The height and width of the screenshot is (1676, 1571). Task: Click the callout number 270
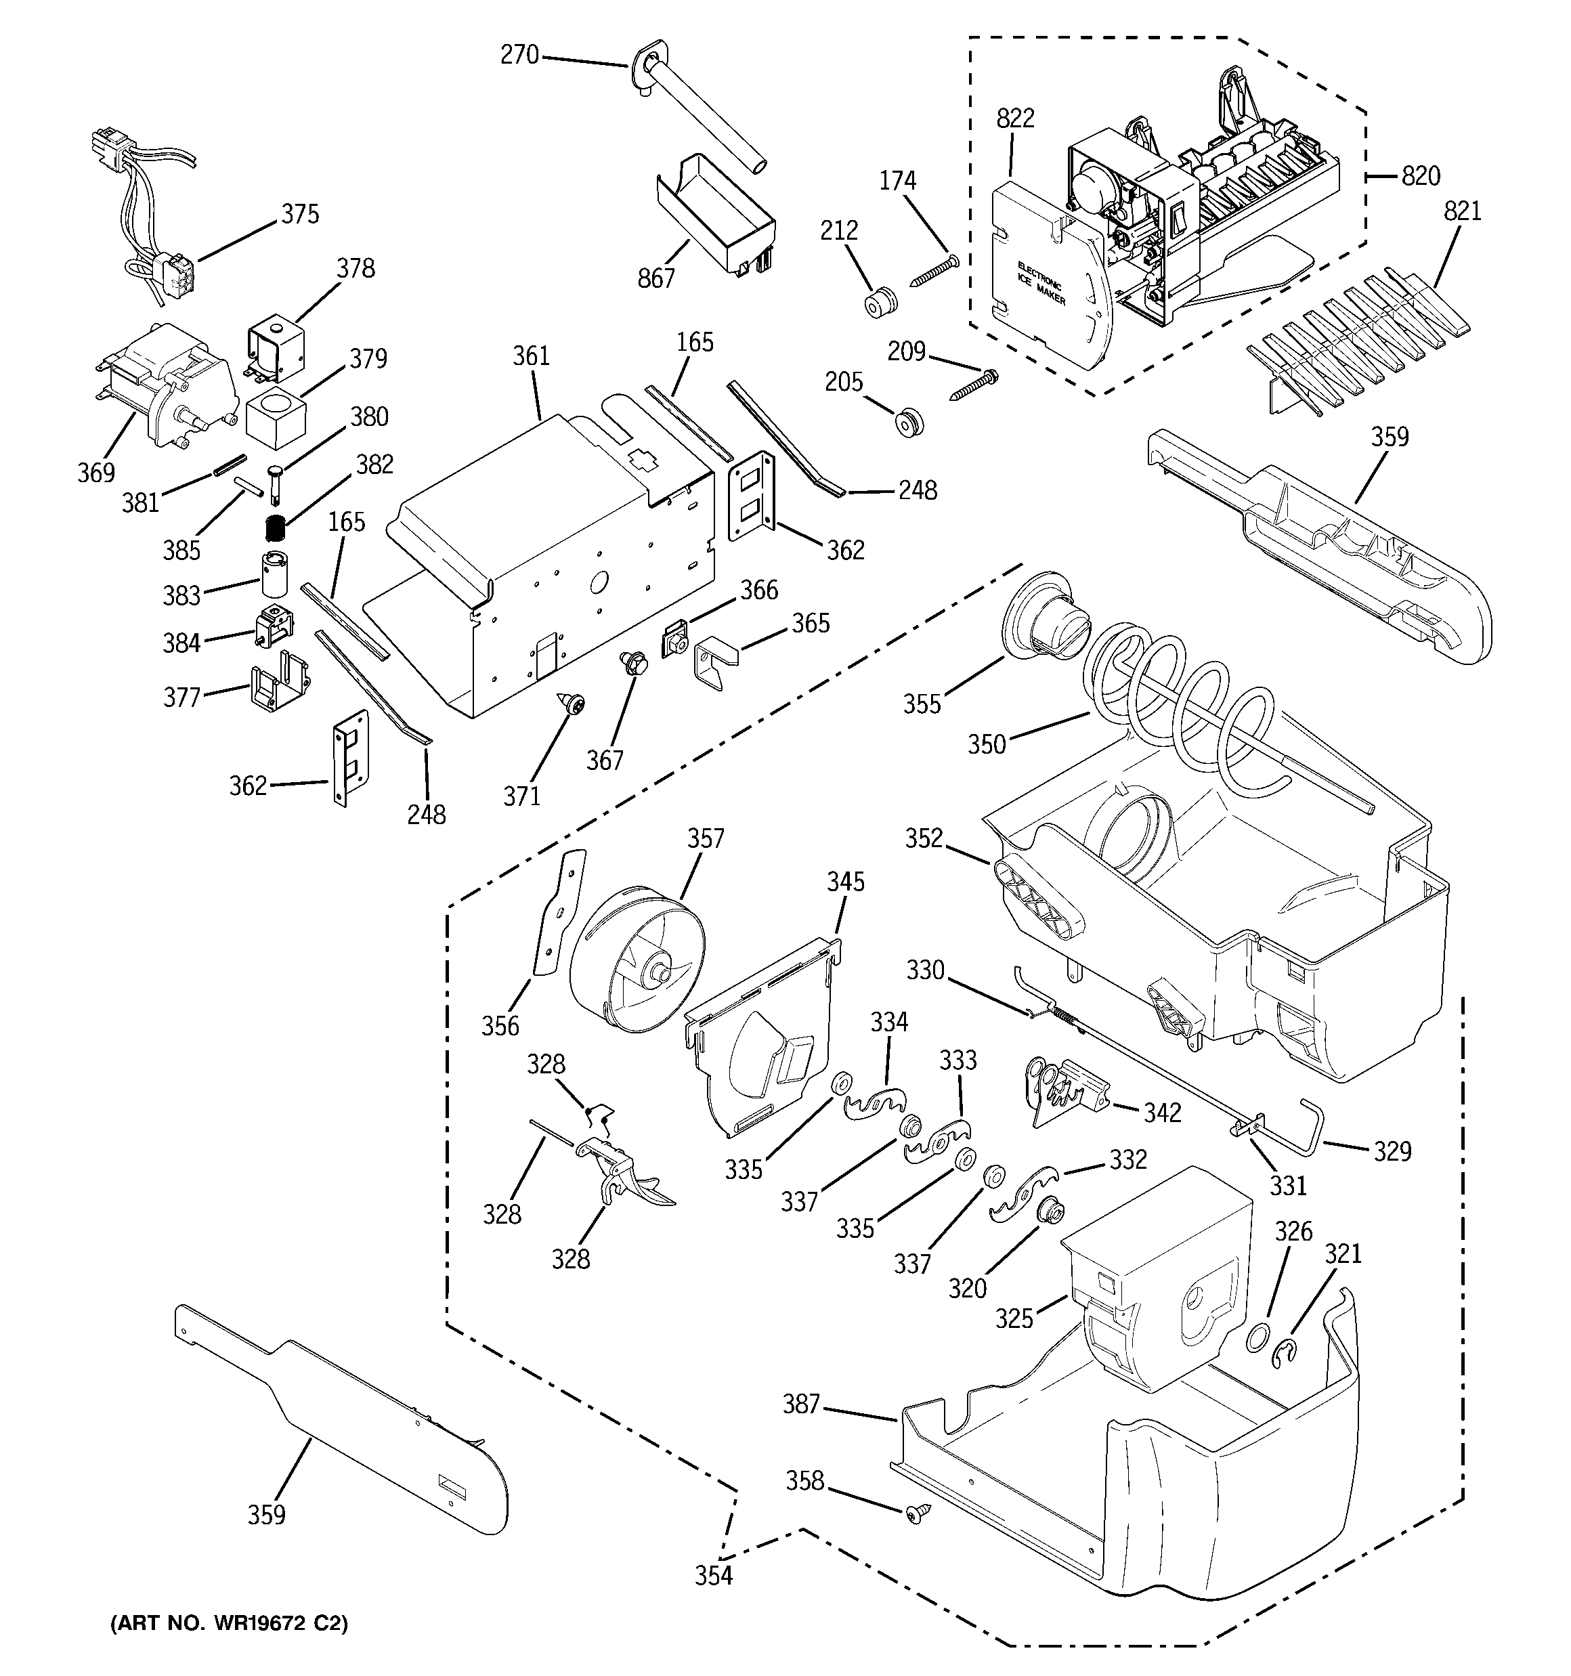tap(519, 55)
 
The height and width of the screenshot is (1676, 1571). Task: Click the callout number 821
tap(1462, 211)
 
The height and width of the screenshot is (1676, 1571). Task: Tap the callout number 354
tap(714, 1575)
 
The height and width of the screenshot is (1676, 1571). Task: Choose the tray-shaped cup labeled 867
tap(717, 215)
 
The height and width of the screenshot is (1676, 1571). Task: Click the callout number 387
tap(800, 1404)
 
